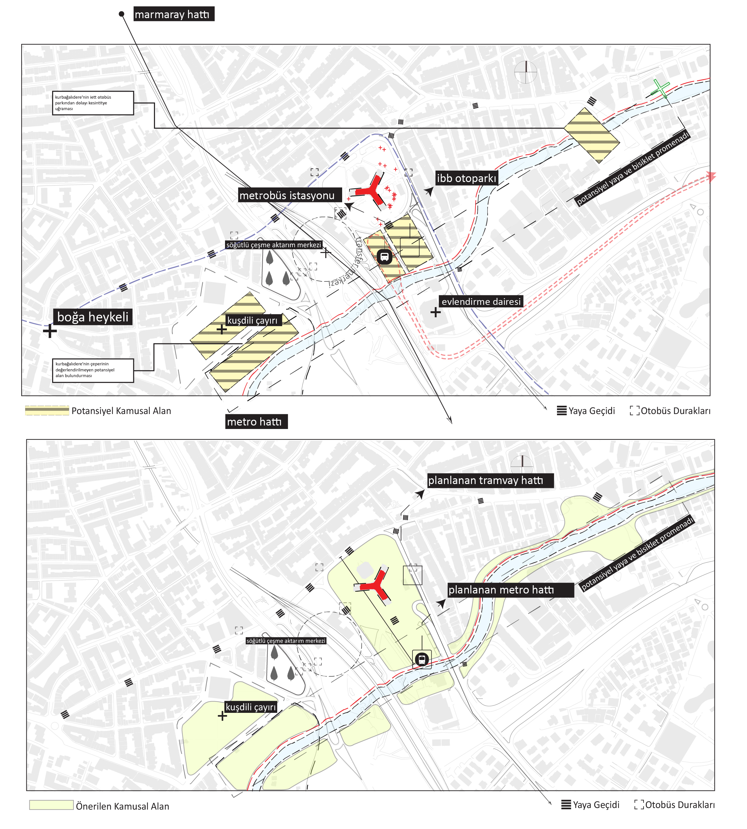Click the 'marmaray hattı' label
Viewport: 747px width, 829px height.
(x=173, y=14)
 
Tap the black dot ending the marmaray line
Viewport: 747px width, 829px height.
(x=122, y=14)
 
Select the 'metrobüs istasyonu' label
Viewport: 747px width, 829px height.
(x=290, y=195)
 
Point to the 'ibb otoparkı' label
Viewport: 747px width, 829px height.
(x=467, y=178)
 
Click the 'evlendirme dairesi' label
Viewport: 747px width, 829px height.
(x=481, y=302)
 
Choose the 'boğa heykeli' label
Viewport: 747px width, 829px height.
(x=93, y=317)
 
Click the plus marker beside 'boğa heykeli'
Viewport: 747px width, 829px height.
(x=50, y=331)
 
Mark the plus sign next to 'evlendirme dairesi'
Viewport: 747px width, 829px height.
(x=435, y=312)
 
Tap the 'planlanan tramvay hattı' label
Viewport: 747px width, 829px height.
(x=490, y=481)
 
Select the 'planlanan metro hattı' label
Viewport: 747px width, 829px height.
(x=510, y=590)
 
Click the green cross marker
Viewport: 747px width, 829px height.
(x=660, y=88)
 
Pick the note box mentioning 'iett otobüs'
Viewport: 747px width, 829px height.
(x=93, y=103)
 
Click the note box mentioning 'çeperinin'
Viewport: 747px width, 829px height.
(x=93, y=370)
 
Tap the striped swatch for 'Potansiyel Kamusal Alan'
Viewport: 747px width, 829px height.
(x=47, y=411)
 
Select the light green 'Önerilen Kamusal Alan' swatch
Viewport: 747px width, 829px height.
(x=51, y=805)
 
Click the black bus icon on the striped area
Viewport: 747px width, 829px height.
(x=384, y=257)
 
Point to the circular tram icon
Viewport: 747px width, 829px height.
(x=421, y=659)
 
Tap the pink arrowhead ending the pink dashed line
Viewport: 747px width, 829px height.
(x=711, y=177)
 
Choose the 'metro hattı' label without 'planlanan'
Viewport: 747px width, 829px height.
(x=256, y=421)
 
